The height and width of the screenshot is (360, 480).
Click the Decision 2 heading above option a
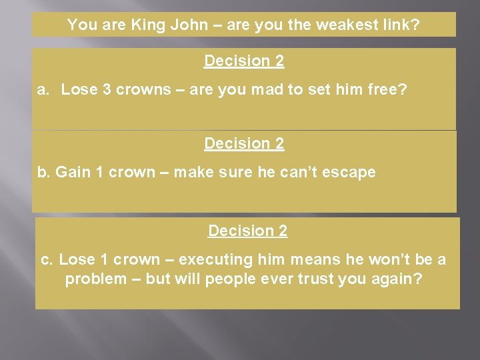(x=244, y=61)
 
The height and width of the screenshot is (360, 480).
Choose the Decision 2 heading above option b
(x=244, y=143)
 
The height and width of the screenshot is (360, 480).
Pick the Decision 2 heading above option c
(x=247, y=231)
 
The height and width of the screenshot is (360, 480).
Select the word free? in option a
(x=391, y=90)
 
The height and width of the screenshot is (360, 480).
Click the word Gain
(x=73, y=172)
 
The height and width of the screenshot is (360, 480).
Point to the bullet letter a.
(x=43, y=90)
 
